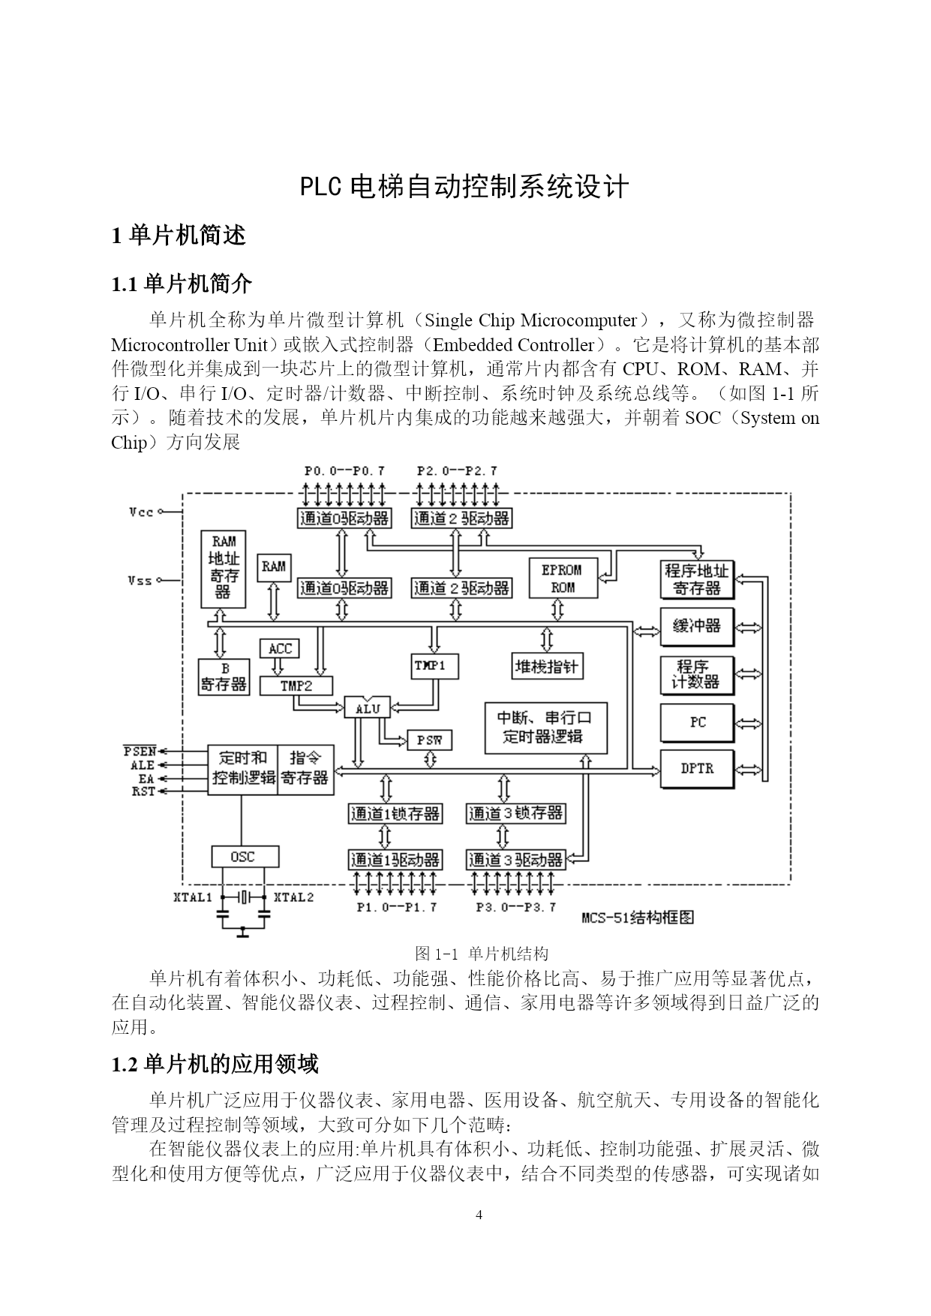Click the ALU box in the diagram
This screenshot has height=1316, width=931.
tap(368, 708)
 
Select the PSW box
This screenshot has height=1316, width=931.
tap(430, 740)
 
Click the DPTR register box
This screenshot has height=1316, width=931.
tap(697, 768)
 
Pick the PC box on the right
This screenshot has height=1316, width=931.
tap(697, 722)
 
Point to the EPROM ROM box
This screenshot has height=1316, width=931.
tap(563, 578)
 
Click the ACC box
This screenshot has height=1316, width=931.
tap(280, 648)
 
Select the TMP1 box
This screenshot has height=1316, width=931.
tap(436, 666)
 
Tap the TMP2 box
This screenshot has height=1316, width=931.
tap(296, 685)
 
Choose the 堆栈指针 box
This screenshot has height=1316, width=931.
tap(546, 666)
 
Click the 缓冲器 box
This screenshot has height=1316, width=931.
tap(697, 626)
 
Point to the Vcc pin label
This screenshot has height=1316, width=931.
tap(141, 512)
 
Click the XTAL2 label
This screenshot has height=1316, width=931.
tap(293, 897)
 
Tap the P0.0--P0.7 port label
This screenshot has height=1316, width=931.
tap(344, 471)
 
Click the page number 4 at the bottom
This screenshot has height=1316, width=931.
tap(479, 1215)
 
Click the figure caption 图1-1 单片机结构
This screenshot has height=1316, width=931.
tap(482, 954)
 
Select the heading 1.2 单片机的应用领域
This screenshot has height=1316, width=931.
tap(215, 1064)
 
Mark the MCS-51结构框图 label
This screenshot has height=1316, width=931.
tap(638, 917)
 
